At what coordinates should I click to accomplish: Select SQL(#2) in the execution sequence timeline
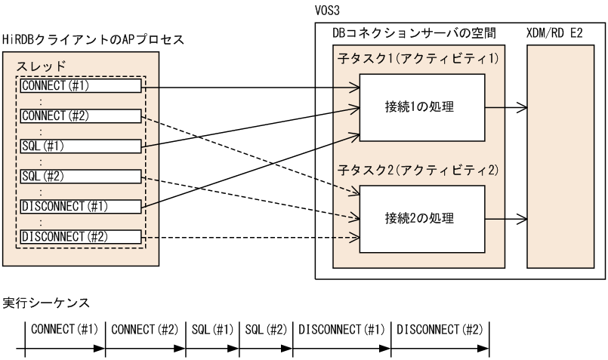click(264, 330)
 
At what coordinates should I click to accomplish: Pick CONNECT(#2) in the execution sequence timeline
click(145, 330)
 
